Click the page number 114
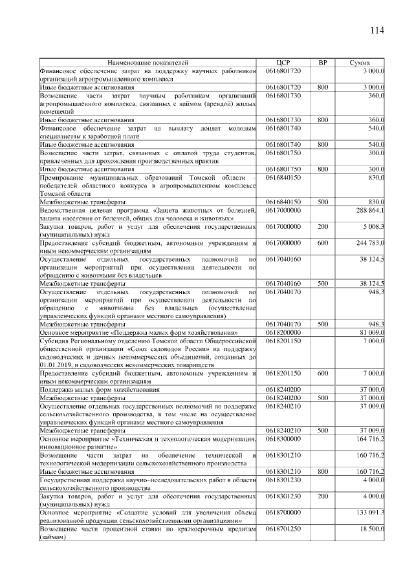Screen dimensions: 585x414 pyautogui.click(x=377, y=31)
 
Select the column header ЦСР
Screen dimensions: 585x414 pyautogui.click(x=283, y=62)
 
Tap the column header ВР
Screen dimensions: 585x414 pyautogui.click(x=323, y=62)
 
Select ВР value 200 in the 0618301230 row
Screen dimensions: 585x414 pyautogui.click(x=323, y=497)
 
